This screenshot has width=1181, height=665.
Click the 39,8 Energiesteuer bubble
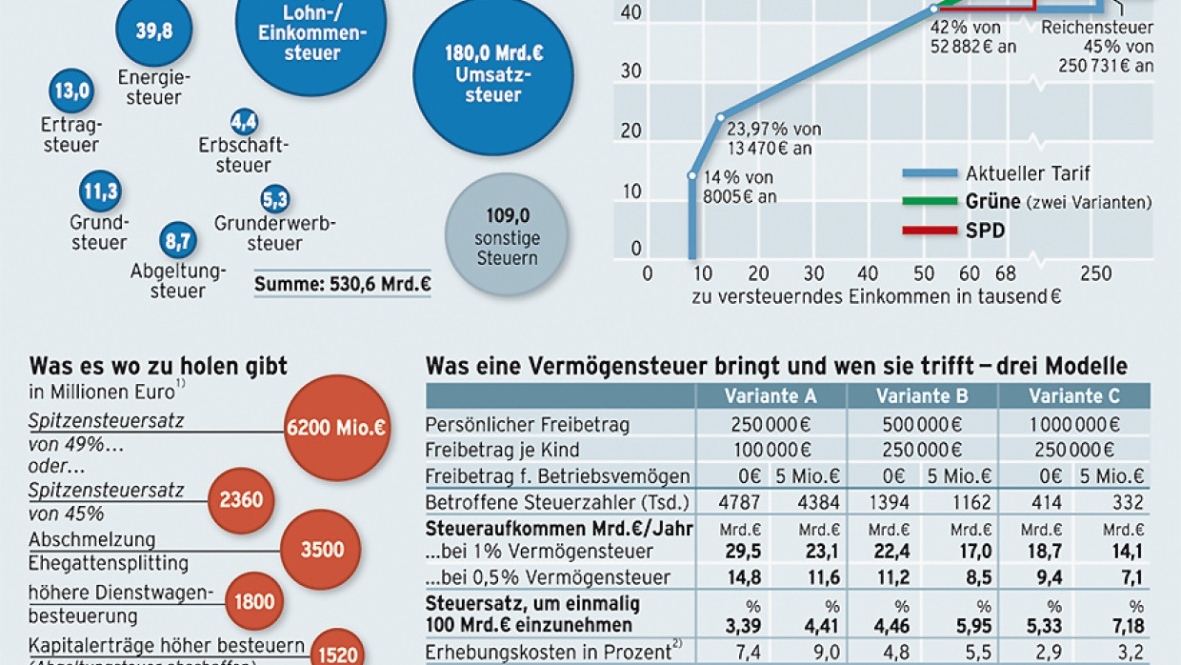click(153, 30)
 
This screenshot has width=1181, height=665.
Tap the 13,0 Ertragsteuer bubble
click(71, 91)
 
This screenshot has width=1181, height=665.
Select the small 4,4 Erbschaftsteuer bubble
click(244, 122)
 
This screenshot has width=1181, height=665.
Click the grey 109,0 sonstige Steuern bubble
click(507, 234)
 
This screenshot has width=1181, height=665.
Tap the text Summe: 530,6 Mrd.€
click(342, 283)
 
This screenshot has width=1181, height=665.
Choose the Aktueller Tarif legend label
click(1028, 173)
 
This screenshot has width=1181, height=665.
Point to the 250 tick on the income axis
click(1095, 274)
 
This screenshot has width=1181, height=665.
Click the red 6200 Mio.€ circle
click(337, 428)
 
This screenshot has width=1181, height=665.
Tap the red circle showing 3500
click(322, 550)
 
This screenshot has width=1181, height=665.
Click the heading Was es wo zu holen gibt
click(158, 366)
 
